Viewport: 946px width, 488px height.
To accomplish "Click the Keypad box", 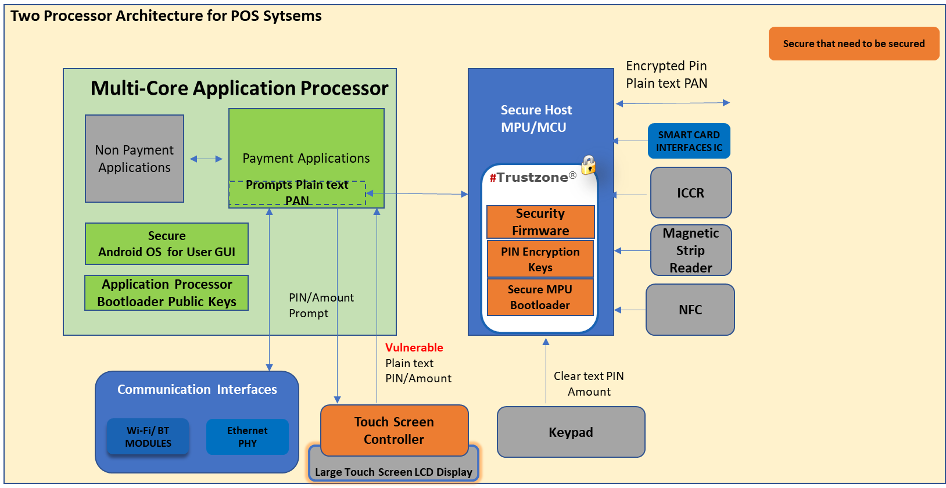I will [x=571, y=432].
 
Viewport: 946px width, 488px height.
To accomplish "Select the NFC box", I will [x=690, y=310].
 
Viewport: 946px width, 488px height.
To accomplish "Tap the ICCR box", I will [x=690, y=193].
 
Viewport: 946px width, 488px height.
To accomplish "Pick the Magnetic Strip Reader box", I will [x=690, y=250].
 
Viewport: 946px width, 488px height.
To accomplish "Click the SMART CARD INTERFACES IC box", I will [x=689, y=141].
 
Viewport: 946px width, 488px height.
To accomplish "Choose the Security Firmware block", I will [x=540, y=222].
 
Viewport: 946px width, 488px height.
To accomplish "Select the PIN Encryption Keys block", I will [x=540, y=259].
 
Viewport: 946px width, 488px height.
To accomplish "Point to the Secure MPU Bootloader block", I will [x=540, y=297].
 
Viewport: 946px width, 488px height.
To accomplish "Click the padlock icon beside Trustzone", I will [x=589, y=165].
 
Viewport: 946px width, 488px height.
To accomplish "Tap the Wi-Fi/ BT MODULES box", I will [x=148, y=437].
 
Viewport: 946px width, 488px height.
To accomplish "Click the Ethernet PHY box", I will [x=247, y=437].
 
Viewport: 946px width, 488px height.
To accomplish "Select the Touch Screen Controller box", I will [x=394, y=430].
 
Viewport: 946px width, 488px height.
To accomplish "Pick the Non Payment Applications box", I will [x=134, y=159].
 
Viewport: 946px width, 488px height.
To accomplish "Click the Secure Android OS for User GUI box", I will [x=167, y=244].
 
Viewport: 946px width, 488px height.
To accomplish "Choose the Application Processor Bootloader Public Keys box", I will [x=167, y=293].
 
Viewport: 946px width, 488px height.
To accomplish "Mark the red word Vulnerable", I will [x=414, y=347].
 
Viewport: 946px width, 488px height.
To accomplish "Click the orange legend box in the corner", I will [x=854, y=44].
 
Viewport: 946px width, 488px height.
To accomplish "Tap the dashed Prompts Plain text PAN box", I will [x=297, y=193].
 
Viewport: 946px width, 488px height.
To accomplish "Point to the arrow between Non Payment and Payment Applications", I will [x=206, y=159].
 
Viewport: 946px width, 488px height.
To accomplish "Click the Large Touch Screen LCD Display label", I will [x=393, y=472].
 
